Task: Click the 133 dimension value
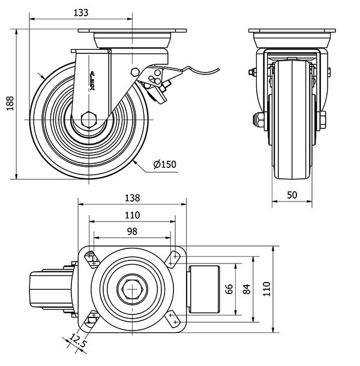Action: coord(88,12)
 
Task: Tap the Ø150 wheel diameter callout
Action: coord(164,164)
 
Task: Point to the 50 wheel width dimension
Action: coord(292,194)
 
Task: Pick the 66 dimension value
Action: coord(229,289)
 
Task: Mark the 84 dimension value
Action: coord(245,289)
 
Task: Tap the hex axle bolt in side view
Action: coord(91,118)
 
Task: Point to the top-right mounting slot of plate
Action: coord(175,259)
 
